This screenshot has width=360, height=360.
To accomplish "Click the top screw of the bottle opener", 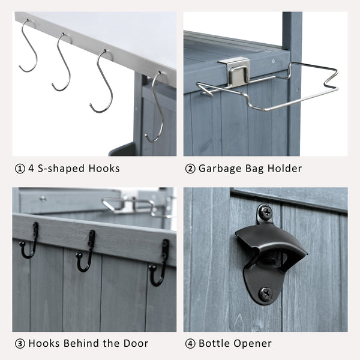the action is (x=266, y=211).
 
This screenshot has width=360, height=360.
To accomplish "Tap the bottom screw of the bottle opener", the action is (x=265, y=293).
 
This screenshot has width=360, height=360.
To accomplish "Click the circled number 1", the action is (x=20, y=169).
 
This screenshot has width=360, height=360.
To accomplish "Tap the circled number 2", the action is (x=190, y=169).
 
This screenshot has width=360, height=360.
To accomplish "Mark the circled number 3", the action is (x=20, y=344).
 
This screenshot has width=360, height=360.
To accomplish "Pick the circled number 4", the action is (x=190, y=344).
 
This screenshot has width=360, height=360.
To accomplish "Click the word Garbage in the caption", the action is (x=220, y=169).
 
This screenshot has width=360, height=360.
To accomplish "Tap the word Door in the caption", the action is (x=136, y=343).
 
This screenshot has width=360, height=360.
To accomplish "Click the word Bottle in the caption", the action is (x=214, y=343).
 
